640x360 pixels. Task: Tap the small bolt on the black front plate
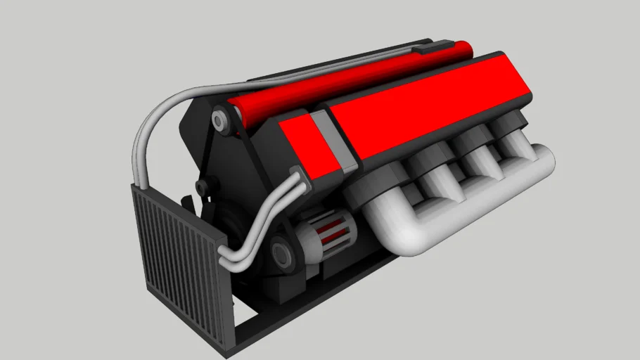[202, 187]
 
